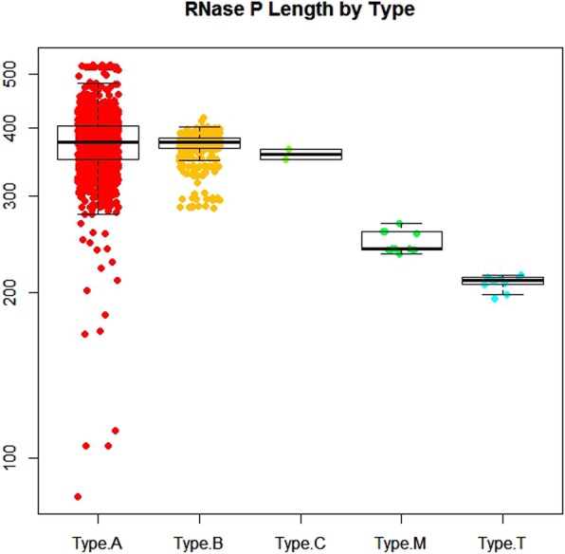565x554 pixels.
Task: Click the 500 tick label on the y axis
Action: click(20, 74)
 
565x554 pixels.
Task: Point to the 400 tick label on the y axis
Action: click(20, 127)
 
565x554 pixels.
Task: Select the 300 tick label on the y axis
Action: click(20, 196)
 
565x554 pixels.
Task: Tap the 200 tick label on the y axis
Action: click(20, 293)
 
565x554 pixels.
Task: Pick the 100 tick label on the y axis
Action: click(20, 458)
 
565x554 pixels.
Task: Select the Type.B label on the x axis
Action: click(198, 543)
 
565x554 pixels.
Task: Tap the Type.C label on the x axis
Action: click(300, 543)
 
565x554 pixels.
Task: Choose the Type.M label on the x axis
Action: click(400, 543)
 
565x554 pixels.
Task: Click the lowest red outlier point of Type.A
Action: click(78, 496)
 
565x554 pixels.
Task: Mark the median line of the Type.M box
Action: click(415, 249)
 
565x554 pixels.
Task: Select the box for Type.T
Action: click(501, 280)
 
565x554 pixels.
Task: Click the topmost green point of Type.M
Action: click(399, 224)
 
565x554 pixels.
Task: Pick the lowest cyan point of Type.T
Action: click(494, 299)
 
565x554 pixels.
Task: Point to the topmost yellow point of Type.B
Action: click(202, 119)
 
